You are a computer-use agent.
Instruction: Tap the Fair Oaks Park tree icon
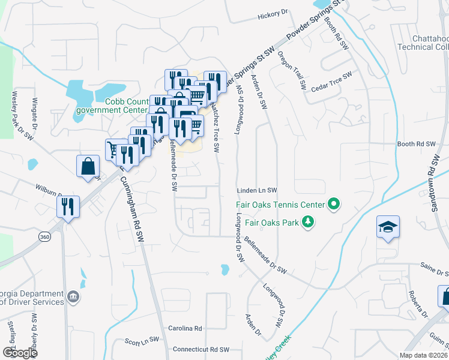pyautogui.click(x=308, y=223)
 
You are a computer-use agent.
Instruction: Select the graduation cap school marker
pyautogui.click(x=388, y=227)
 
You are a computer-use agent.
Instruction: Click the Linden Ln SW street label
pyautogui.click(x=256, y=190)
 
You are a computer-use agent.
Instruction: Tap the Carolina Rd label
pyautogui.click(x=185, y=328)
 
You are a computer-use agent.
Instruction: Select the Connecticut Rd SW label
pyautogui.click(x=201, y=349)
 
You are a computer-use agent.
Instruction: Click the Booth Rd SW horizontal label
pyautogui.click(x=415, y=145)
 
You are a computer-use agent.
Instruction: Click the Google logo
pyautogui.click(x=19, y=353)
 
